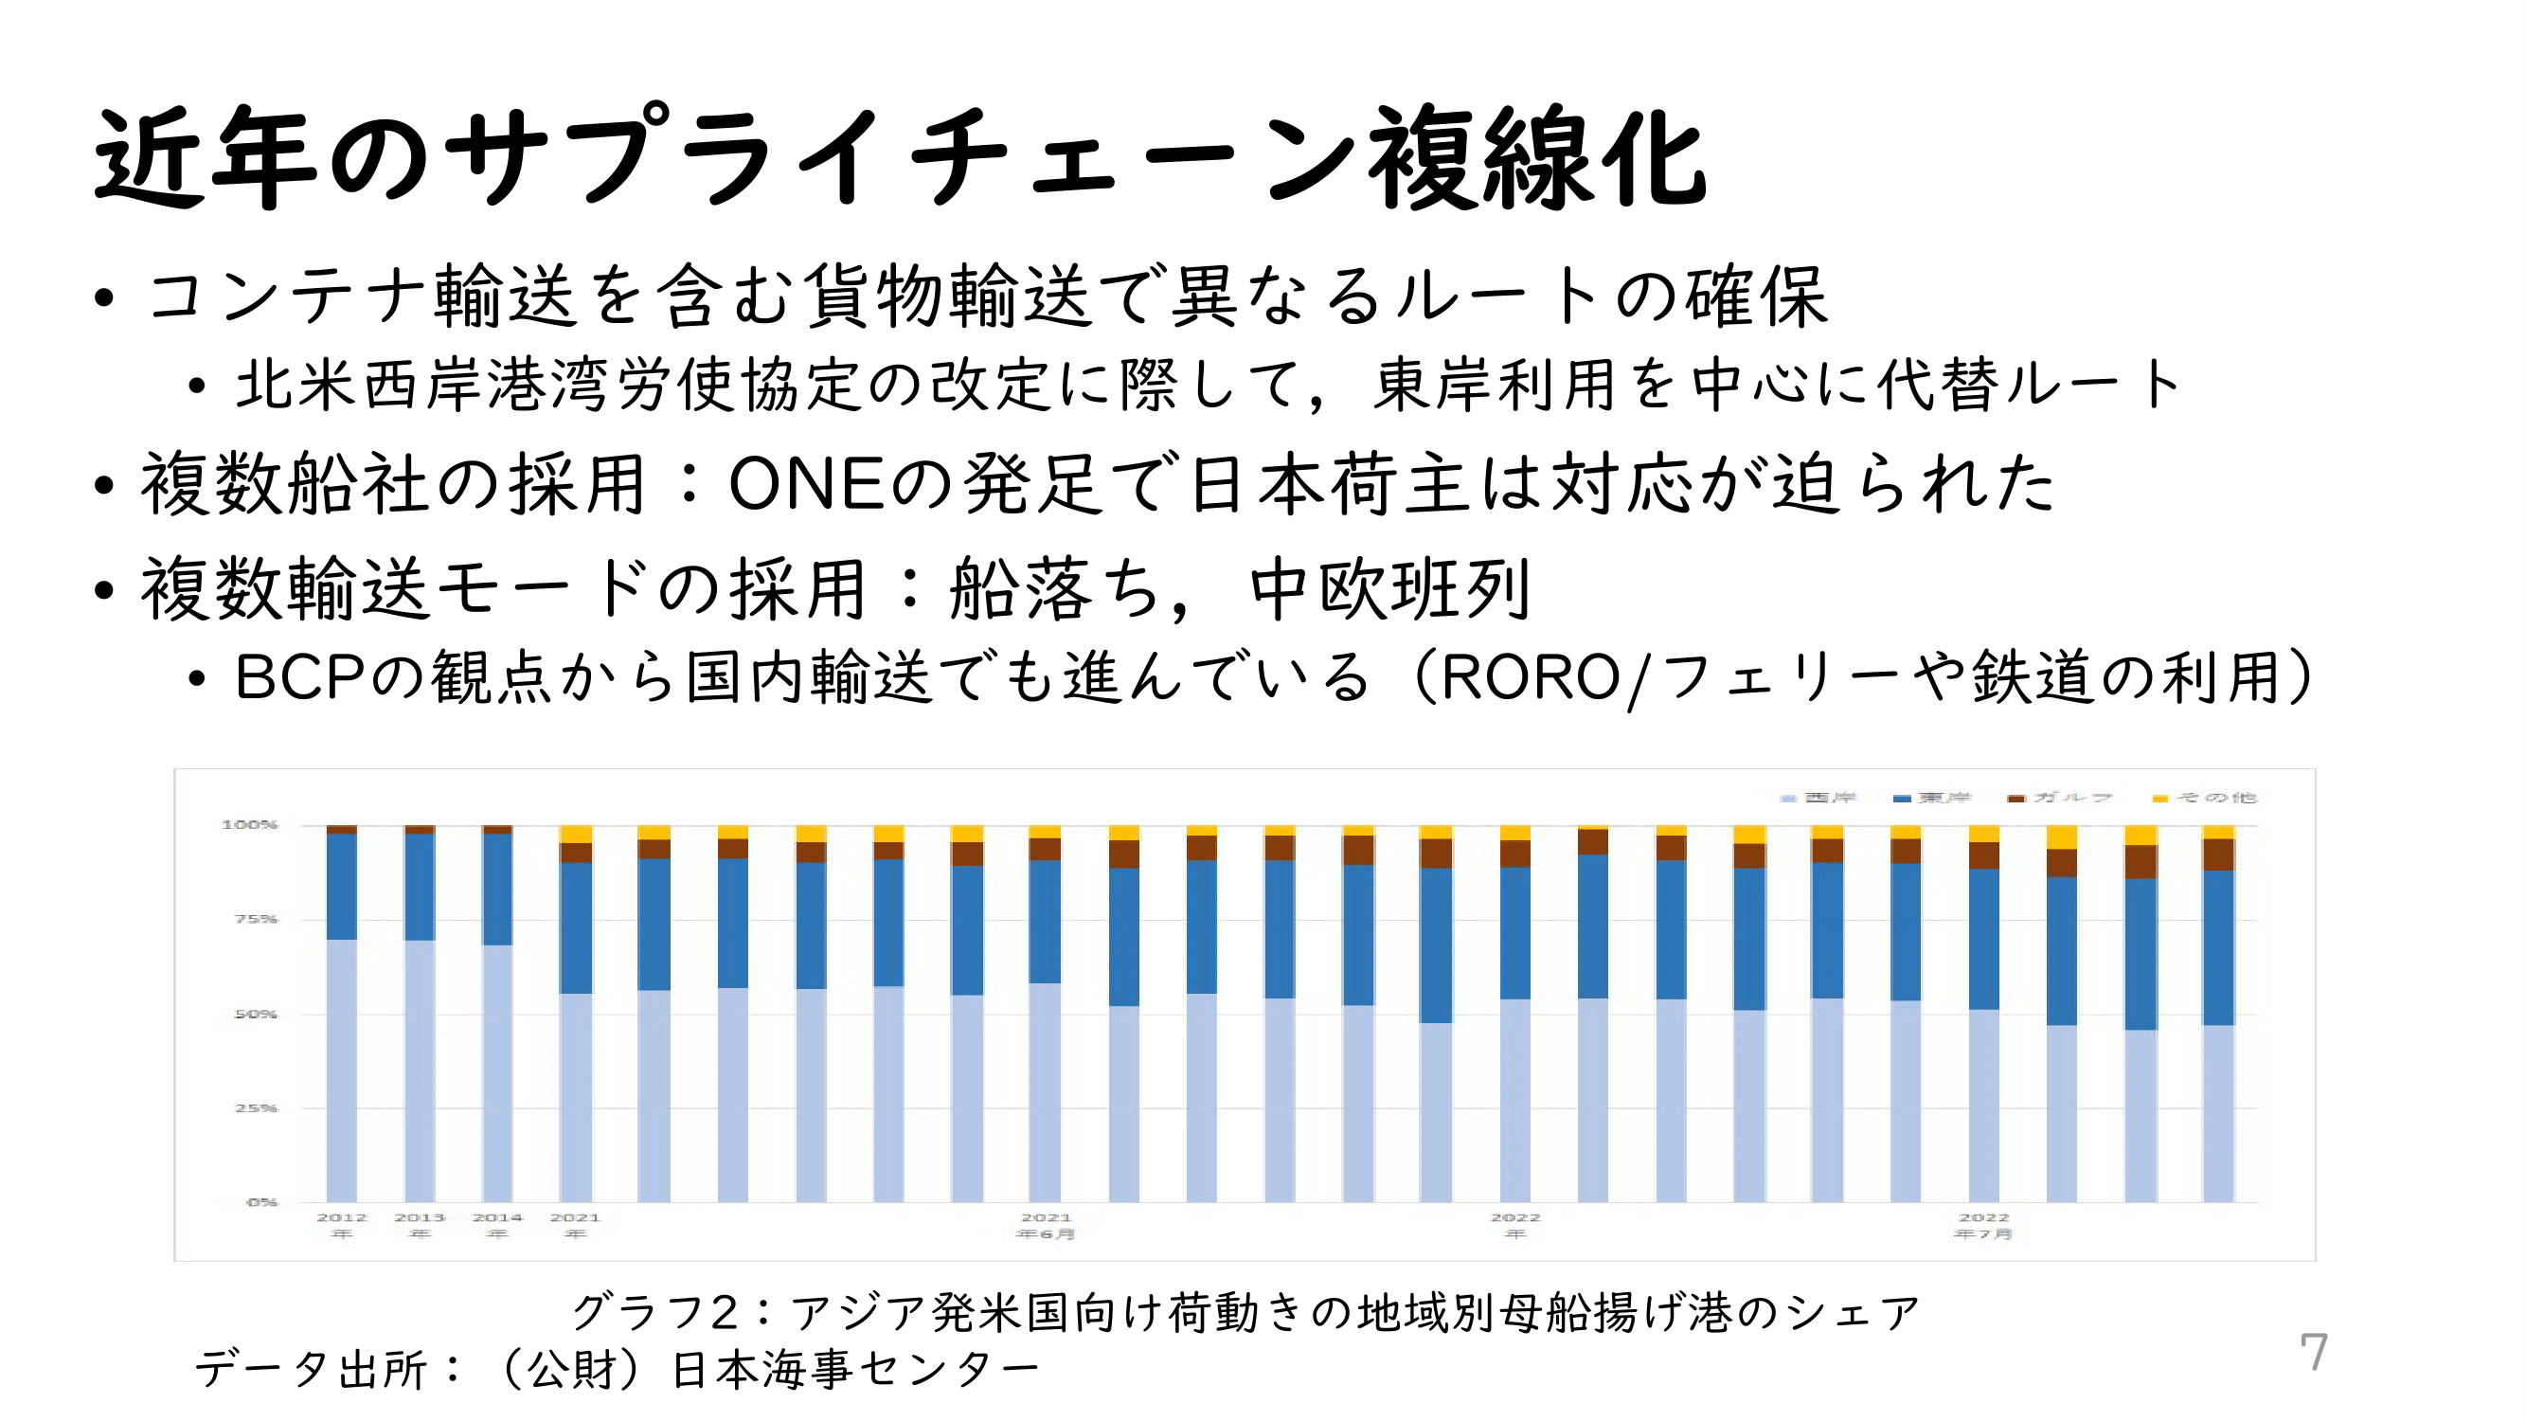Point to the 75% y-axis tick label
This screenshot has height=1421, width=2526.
[256, 919]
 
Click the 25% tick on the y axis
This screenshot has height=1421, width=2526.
[256, 1108]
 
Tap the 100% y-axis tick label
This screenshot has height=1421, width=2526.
[249, 825]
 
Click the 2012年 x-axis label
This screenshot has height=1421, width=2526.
[341, 1226]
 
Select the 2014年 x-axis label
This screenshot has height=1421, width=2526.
[497, 1226]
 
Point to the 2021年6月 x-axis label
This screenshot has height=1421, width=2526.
[1046, 1226]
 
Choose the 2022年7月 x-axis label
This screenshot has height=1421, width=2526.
[1983, 1226]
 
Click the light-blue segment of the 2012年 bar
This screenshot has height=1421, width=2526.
[341, 1069]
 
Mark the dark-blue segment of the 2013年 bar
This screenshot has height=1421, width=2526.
[420, 887]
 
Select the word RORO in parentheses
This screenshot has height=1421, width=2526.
[1531, 677]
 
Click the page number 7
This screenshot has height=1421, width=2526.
[2313, 1353]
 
